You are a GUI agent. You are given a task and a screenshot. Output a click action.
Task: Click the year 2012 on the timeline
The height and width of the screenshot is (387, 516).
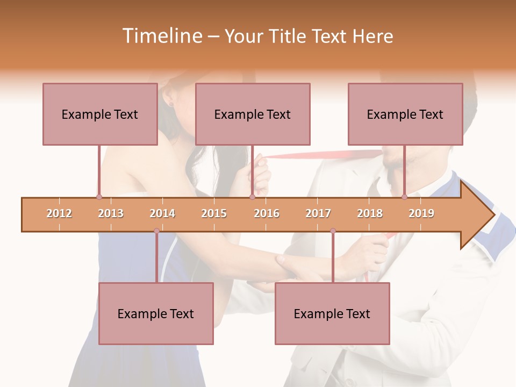pyautogui.click(x=59, y=213)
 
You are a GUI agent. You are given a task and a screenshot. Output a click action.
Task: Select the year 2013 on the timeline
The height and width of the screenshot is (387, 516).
pyautogui.click(x=111, y=213)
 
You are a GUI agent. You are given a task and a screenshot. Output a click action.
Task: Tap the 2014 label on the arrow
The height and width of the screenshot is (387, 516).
pyautogui.click(x=162, y=213)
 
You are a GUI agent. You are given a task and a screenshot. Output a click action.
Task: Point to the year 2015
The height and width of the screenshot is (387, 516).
pyautogui.click(x=214, y=213)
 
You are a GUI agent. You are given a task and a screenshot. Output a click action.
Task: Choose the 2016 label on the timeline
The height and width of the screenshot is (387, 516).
pyautogui.click(x=267, y=213)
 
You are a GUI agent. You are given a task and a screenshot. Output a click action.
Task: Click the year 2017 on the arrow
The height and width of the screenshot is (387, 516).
pyautogui.click(x=318, y=213)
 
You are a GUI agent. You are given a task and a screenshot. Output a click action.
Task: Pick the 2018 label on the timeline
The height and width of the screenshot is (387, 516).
pyautogui.click(x=370, y=213)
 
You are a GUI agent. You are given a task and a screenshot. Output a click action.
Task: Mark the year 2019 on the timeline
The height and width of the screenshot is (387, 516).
pyautogui.click(x=421, y=213)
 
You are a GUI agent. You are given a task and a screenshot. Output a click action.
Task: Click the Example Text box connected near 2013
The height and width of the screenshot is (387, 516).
pyautogui.click(x=100, y=114)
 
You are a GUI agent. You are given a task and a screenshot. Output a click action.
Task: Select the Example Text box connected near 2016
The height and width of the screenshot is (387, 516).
pyautogui.click(x=253, y=114)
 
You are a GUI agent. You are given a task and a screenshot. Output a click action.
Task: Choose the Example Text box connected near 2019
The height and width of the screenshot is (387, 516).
pyautogui.click(x=405, y=114)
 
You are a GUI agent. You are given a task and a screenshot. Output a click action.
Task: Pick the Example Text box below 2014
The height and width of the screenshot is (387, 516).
pyautogui.click(x=156, y=313)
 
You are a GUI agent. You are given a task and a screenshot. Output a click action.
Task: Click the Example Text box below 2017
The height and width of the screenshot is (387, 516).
pyautogui.click(x=332, y=313)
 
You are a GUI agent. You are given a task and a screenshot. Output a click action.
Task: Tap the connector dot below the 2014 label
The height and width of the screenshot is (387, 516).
pyautogui.click(x=156, y=231)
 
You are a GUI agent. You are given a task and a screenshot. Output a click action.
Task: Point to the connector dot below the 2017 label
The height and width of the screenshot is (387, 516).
pyautogui.click(x=333, y=231)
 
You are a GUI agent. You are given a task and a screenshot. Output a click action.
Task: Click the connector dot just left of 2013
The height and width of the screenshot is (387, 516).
pyautogui.click(x=99, y=197)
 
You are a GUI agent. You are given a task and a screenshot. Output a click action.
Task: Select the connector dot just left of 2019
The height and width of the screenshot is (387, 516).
pyautogui.click(x=404, y=197)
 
